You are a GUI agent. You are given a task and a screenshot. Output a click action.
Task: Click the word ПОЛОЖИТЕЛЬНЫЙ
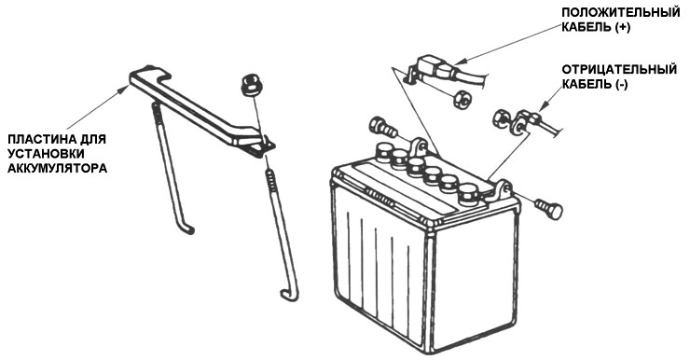click(621, 13)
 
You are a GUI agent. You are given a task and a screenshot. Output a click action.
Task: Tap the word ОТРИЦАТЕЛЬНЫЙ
click(619, 70)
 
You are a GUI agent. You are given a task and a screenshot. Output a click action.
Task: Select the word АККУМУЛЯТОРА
click(58, 169)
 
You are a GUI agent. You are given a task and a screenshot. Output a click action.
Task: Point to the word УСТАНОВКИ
click(47, 154)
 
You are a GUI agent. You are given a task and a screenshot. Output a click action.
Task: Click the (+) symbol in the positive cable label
click(623, 27)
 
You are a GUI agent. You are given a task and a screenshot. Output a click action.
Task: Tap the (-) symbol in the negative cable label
click(621, 85)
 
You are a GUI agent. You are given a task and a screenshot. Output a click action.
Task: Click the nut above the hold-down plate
click(250, 86)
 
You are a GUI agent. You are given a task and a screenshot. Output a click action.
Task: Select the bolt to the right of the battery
click(549, 209)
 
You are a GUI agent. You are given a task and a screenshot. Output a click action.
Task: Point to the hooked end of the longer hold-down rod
click(289, 296)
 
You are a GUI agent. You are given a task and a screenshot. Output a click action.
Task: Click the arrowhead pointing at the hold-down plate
click(125, 89)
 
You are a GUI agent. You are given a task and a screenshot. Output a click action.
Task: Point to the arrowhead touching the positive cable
click(459, 62)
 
